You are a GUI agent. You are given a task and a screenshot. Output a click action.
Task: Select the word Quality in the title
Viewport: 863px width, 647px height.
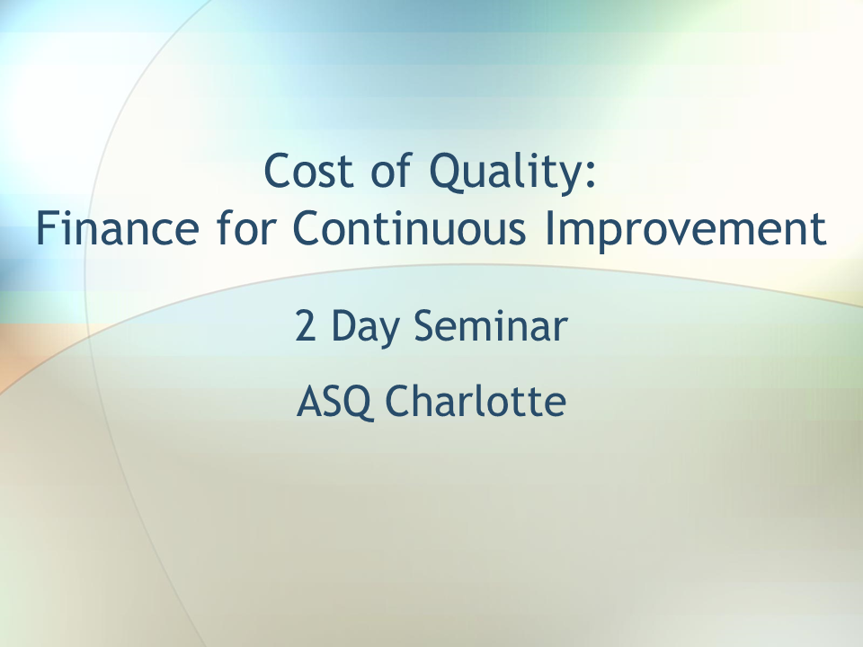504,173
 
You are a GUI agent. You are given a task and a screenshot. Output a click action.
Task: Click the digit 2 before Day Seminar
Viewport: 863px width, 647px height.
306,326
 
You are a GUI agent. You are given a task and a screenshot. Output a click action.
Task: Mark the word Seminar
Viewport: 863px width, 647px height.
491,326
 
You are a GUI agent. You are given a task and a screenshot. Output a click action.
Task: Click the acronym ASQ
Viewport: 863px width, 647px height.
333,402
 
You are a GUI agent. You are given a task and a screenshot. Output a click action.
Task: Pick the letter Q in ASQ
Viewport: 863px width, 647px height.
354,403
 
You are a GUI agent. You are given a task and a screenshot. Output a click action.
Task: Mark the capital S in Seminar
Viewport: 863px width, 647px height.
426,326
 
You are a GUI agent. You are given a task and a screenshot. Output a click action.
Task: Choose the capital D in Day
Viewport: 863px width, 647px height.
344,326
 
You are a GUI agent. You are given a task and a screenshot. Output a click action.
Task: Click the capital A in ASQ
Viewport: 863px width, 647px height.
308,401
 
